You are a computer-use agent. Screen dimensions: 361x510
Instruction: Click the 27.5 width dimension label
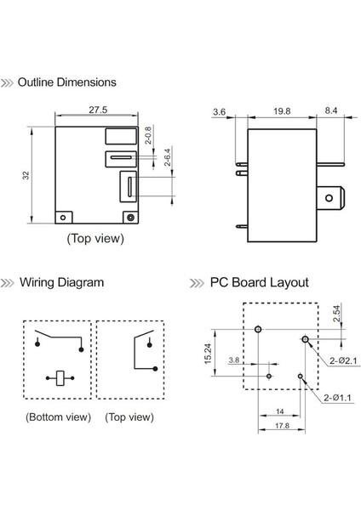(98, 110)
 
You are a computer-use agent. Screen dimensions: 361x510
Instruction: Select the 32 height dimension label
(26, 175)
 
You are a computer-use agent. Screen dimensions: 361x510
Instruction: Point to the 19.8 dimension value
(282, 111)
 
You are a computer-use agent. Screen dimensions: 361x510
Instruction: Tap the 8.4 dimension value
(330, 110)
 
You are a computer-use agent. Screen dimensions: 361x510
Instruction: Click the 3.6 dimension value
(219, 112)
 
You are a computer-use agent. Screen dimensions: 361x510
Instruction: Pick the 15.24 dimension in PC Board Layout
(208, 354)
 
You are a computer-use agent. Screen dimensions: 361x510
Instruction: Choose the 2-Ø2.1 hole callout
(343, 360)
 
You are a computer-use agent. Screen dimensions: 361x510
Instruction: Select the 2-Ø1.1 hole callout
(337, 398)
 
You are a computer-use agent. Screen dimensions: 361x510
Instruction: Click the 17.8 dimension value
(282, 426)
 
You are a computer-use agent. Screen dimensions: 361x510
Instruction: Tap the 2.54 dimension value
(336, 313)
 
